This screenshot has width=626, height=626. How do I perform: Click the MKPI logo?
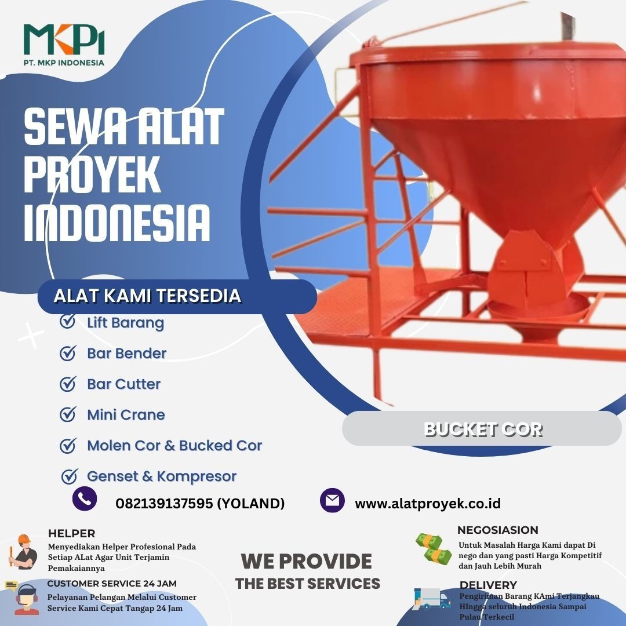[64, 44]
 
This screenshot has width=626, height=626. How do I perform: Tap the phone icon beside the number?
[85, 499]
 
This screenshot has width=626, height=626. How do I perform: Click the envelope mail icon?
[332, 500]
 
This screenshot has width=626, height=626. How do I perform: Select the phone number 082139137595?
[164, 504]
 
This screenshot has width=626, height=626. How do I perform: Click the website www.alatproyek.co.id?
[428, 504]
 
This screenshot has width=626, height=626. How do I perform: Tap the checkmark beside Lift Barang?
[68, 321]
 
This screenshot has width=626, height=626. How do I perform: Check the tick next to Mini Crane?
[68, 414]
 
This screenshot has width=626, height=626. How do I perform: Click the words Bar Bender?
[126, 354]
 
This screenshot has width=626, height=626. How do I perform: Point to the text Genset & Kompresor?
[162, 476]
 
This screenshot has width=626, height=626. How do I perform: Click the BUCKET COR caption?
[483, 430]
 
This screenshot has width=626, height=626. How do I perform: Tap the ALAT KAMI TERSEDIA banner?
[177, 296]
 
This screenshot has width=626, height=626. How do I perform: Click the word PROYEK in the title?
[92, 175]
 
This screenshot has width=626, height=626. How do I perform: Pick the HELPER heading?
[71, 533]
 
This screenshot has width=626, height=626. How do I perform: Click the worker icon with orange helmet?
[23, 552]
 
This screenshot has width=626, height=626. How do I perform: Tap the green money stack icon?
[434, 549]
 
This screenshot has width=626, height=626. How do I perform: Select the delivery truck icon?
[432, 598]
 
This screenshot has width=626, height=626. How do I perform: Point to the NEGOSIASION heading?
[497, 530]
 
